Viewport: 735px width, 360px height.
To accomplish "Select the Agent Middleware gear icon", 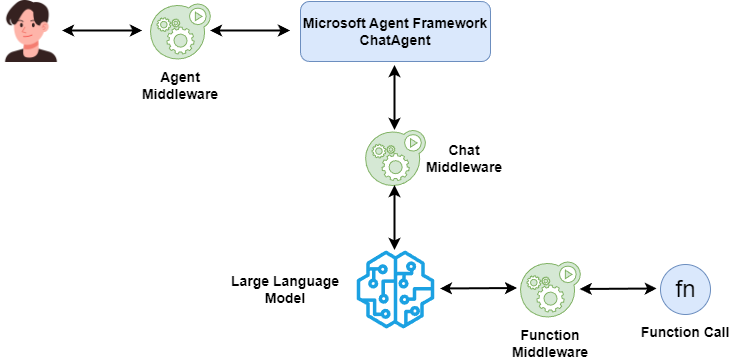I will [x=175, y=34].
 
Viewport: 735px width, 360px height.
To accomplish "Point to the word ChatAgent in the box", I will [x=396, y=40].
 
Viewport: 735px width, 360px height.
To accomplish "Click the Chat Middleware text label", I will [x=463, y=158].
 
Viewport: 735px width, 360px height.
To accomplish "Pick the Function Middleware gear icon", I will [x=548, y=289].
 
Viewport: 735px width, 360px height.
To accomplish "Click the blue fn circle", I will [x=685, y=290].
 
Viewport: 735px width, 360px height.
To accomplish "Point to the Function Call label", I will [x=685, y=331].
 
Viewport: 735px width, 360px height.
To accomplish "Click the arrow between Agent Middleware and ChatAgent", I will [x=250, y=31].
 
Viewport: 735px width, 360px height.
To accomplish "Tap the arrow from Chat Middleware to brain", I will [x=396, y=218].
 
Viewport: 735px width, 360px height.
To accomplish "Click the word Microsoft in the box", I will [x=337, y=22].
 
